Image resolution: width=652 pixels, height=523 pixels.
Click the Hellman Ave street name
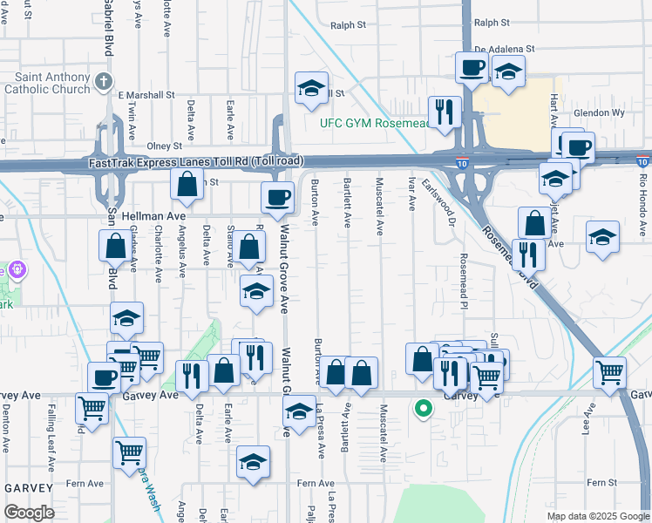click(x=158, y=215)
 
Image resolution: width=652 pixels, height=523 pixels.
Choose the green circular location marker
click(x=424, y=407)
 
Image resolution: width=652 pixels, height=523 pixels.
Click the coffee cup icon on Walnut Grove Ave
click(x=278, y=196)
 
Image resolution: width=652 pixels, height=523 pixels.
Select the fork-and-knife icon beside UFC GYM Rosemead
click(x=445, y=111)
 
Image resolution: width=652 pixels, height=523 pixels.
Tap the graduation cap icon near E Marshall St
click(x=310, y=87)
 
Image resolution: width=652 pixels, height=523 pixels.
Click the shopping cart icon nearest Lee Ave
click(x=609, y=371)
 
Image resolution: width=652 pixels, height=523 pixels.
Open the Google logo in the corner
click(x=30, y=513)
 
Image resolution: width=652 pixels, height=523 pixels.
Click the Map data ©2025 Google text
click(x=598, y=516)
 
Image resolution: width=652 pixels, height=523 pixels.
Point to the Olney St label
click(x=165, y=146)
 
